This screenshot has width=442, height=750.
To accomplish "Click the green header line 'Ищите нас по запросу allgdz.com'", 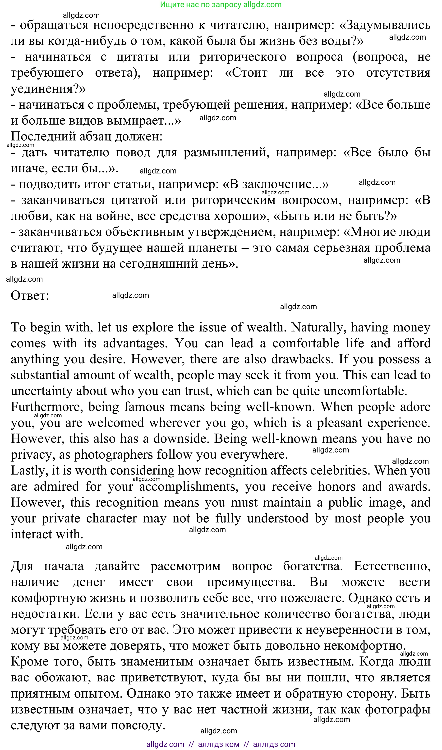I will point(221,5).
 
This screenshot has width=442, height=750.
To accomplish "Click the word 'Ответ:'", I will point(30,296).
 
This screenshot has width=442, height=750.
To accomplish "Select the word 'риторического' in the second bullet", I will point(243,57).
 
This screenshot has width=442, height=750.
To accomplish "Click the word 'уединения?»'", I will point(48,89).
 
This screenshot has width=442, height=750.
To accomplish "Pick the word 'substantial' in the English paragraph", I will point(40,375).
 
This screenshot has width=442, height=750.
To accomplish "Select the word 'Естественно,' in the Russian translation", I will point(392,566).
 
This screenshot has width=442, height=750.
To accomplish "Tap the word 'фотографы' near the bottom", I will point(397,709).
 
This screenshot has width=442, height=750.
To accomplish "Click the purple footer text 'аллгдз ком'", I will point(218,744).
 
